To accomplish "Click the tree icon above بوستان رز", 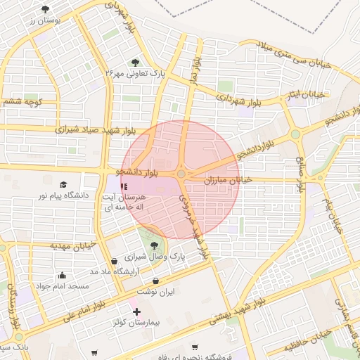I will (46, 9).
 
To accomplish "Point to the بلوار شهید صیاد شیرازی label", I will (91, 130).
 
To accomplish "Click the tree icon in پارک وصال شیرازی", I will (154, 245).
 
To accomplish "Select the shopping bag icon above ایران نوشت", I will (165, 281).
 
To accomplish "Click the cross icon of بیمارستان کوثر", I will (136, 311).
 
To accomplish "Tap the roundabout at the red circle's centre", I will (181, 174).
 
